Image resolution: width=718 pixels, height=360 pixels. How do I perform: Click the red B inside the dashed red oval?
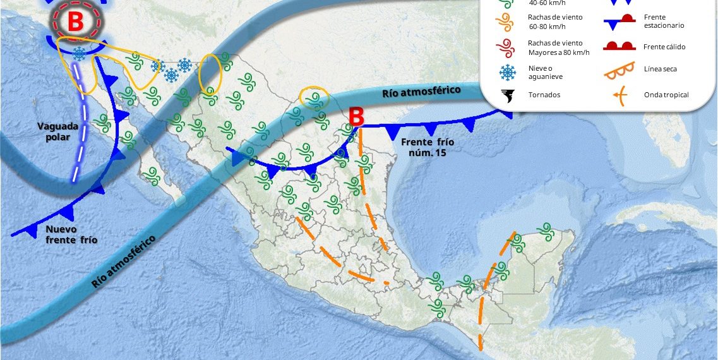click(75, 21)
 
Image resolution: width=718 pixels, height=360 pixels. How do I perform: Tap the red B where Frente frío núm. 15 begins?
click(357, 116)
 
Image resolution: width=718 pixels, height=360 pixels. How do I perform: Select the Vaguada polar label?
click(58, 132)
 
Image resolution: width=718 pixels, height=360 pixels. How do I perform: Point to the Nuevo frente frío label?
click(71, 234)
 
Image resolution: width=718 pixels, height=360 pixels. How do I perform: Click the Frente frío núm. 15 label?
click(428, 147)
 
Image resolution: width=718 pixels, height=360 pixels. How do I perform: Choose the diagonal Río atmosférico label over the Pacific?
click(124, 261)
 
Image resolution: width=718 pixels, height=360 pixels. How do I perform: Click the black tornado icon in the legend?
click(506, 95)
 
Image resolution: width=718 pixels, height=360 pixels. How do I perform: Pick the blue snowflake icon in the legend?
click(506, 73)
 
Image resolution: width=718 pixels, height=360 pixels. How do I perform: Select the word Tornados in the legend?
click(544, 95)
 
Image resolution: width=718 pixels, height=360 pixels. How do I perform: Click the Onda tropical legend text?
click(666, 95)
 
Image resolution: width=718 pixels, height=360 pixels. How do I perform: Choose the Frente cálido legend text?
click(664, 47)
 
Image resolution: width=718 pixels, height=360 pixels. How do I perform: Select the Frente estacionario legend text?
click(664, 21)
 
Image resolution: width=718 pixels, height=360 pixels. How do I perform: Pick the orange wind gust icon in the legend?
click(506, 21)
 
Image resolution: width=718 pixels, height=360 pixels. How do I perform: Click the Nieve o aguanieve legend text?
click(545, 72)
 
